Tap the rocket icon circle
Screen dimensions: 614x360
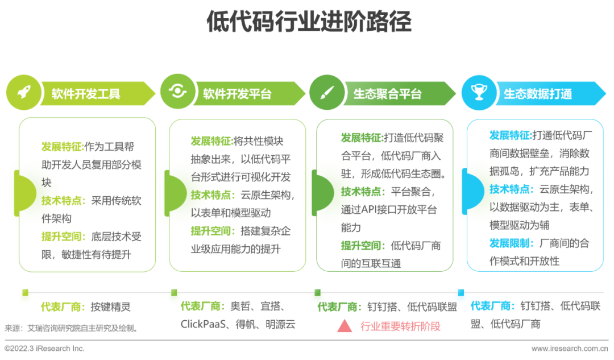[x=23, y=92]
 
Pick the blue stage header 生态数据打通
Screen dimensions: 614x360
[x=538, y=94]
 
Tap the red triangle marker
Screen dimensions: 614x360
[x=345, y=326]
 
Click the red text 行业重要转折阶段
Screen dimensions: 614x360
[x=400, y=326]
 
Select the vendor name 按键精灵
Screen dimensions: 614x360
[x=110, y=307]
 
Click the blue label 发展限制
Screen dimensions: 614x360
[x=512, y=243]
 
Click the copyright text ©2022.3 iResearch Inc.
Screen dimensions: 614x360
[x=44, y=348]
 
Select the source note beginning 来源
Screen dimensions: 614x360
[x=72, y=328]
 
